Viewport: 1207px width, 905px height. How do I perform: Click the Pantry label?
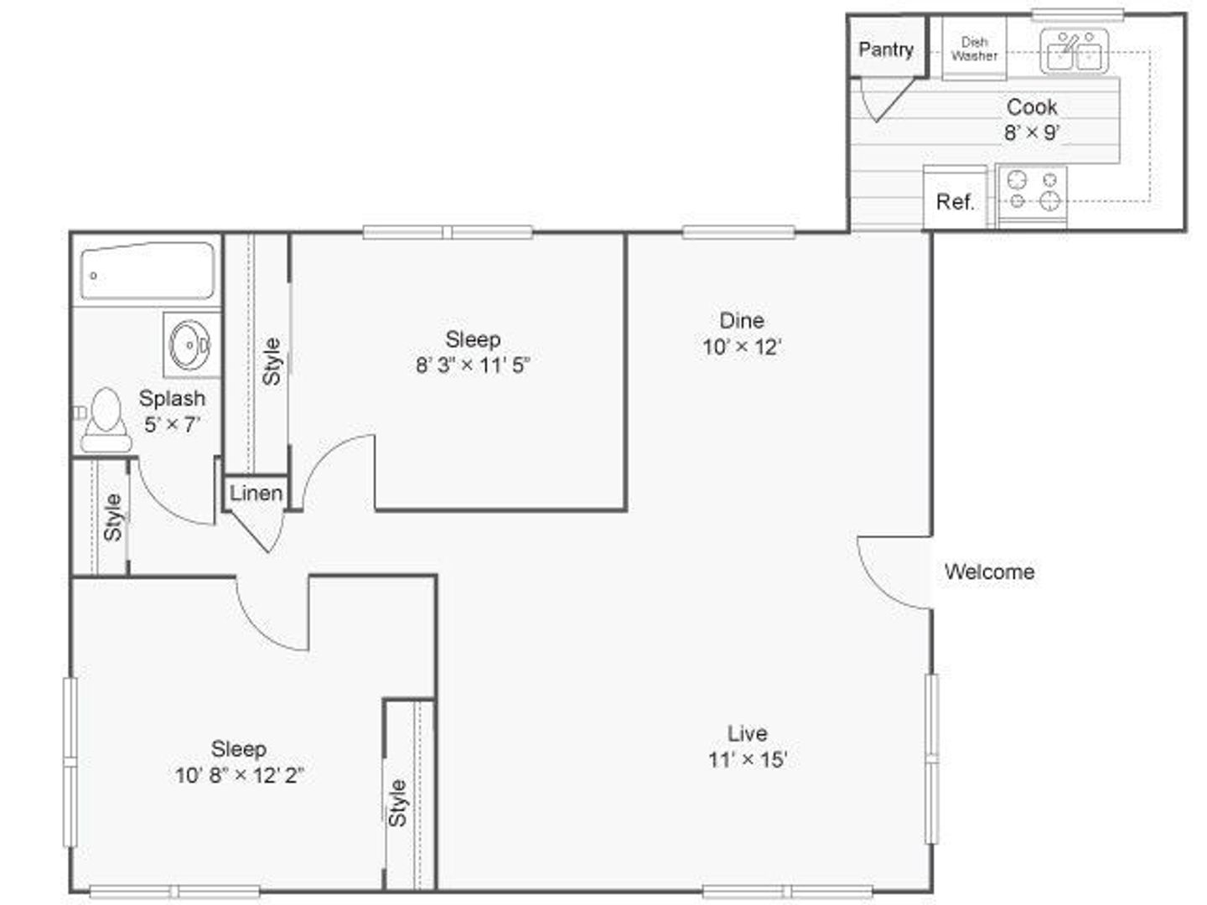click(886, 50)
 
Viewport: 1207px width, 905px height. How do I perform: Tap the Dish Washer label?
click(974, 49)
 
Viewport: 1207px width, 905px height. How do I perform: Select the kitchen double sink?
click(1074, 52)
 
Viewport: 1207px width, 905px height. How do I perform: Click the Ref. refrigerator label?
click(956, 202)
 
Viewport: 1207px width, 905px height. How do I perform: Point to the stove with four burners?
click(1032, 195)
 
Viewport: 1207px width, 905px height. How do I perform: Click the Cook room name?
click(1032, 107)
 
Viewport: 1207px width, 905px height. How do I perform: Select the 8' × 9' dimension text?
click(1032, 132)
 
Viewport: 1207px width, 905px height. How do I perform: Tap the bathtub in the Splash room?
click(148, 271)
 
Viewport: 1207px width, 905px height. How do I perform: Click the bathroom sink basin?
click(190, 345)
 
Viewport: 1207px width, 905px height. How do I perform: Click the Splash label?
click(172, 398)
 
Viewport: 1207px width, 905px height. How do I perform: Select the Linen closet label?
click(256, 494)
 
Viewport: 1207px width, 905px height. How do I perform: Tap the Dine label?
click(742, 320)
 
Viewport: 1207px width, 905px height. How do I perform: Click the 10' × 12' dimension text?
click(742, 347)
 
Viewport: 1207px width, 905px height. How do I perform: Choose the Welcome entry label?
click(989, 572)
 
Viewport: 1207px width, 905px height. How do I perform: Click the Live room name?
click(748, 733)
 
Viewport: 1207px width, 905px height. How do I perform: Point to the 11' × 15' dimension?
click(748, 760)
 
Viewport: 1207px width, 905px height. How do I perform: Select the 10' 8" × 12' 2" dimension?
click(239, 775)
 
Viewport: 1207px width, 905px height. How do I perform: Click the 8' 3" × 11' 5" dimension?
click(473, 365)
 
